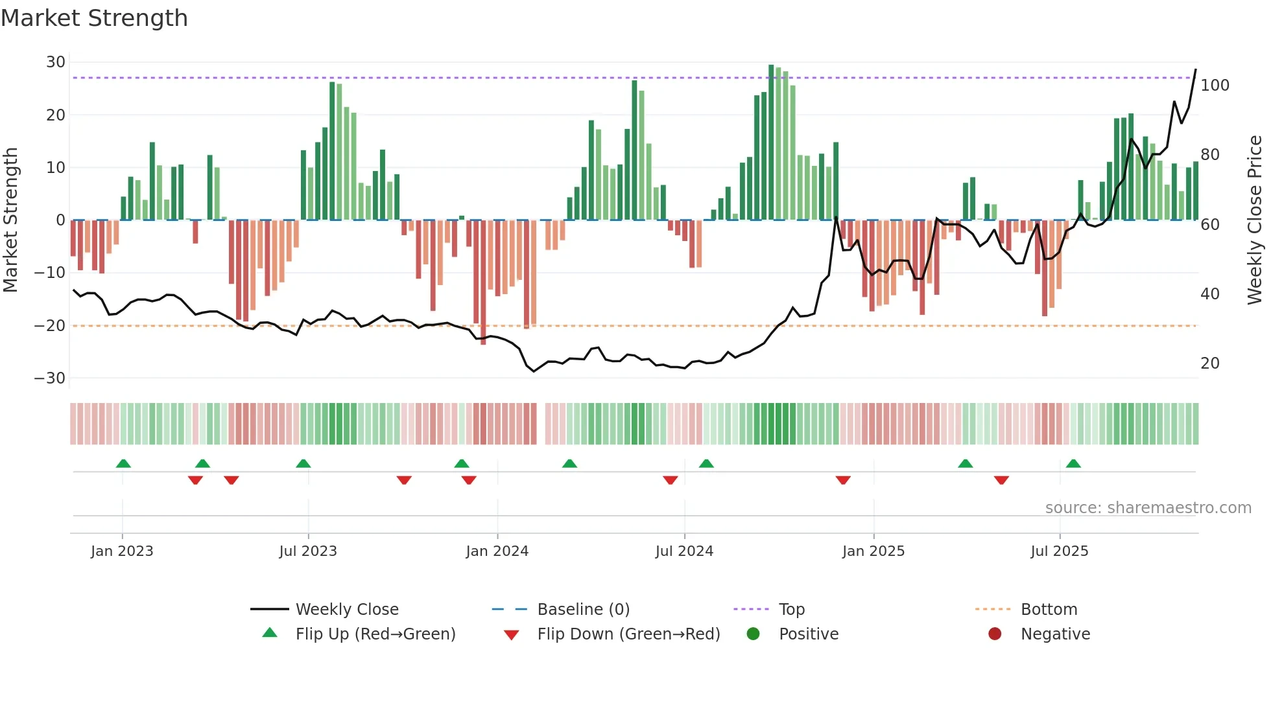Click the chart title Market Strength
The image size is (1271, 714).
click(94, 18)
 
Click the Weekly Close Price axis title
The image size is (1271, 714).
click(1255, 220)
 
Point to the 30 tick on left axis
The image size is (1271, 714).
click(56, 62)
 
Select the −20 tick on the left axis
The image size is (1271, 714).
click(51, 325)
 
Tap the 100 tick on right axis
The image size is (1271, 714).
click(1215, 86)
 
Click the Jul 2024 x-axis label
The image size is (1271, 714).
click(684, 551)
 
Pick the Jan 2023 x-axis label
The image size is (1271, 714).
click(122, 551)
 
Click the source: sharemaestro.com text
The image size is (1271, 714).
click(1148, 508)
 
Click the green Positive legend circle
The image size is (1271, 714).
click(753, 634)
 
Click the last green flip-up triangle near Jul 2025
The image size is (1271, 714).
click(1073, 463)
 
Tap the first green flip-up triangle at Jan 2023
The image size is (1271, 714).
click(123, 463)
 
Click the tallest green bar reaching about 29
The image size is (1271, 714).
click(771, 143)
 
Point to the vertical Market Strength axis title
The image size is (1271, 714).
click(10, 220)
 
